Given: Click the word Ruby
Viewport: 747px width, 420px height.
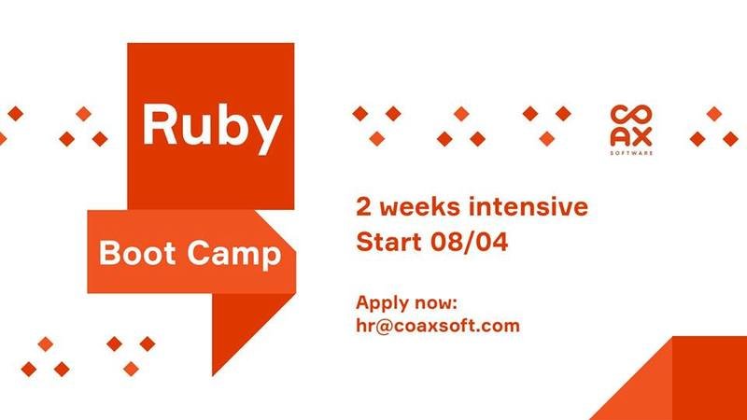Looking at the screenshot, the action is tap(213, 128).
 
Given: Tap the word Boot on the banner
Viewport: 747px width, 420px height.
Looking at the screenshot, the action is tap(137, 253).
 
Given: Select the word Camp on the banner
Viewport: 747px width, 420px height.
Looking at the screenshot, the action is tap(234, 255).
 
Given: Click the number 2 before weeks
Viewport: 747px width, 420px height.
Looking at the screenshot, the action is tap(363, 206).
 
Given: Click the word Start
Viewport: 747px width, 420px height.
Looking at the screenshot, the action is tap(388, 241).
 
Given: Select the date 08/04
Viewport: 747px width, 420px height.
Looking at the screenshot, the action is tap(470, 241).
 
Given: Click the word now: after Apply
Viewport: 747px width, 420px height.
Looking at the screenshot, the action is tap(435, 303).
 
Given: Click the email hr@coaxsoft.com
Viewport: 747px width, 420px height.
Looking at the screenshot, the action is tap(438, 326).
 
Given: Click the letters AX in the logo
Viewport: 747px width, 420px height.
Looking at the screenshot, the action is tap(631, 137).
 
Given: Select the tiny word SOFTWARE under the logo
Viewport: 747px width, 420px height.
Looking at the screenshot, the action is tap(631, 153).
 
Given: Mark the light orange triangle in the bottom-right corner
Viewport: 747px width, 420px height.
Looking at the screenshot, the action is tap(644, 391).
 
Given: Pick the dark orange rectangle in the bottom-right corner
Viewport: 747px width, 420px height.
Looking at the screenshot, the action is tap(710, 378).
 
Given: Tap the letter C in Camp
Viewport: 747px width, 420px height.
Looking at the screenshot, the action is tap(198, 253).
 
